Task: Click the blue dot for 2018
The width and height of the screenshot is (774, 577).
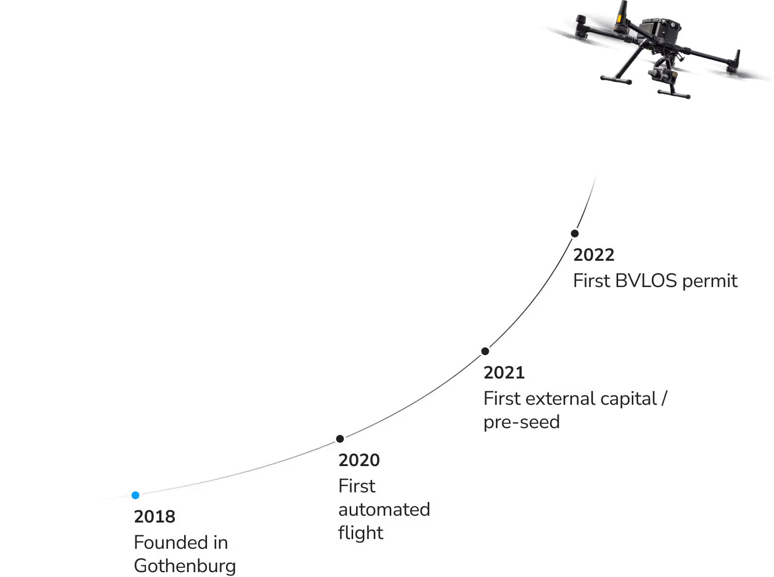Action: pos(135,495)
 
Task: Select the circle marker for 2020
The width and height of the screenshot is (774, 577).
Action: pos(340,439)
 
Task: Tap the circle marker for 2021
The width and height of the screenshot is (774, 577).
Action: pos(485,351)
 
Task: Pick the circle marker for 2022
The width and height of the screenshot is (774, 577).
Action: pos(575,234)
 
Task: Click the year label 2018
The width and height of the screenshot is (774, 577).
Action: pos(154,517)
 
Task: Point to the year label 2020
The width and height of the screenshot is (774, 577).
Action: pos(359,460)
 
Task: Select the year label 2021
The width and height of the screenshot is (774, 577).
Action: pos(504,373)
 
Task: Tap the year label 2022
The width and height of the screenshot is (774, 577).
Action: pos(594,255)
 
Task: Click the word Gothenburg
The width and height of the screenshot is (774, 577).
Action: pos(185,566)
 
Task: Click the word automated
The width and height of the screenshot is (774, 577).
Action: pos(384,509)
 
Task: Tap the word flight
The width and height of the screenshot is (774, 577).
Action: pos(360,533)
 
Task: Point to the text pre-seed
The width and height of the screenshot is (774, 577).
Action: pos(521,422)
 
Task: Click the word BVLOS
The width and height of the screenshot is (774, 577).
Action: pos(646,281)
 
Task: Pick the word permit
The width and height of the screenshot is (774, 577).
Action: pos(710,281)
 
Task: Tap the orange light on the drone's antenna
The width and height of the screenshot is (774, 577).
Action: pos(620,19)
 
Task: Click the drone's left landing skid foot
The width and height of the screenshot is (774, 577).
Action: pos(615,79)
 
